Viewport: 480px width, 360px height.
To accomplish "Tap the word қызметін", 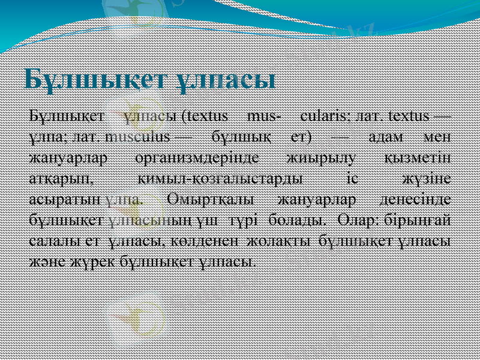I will (418, 158).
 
